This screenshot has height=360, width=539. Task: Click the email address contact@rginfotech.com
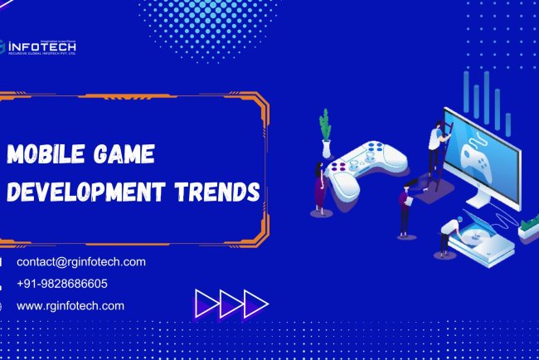81,261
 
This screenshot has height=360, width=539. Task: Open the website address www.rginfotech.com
70,305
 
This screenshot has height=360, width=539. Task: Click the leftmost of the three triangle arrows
206,303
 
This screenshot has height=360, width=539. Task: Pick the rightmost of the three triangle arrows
255,303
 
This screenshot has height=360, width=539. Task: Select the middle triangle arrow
231,303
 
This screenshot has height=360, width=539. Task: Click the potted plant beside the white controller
325,133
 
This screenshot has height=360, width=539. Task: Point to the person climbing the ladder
435,146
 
